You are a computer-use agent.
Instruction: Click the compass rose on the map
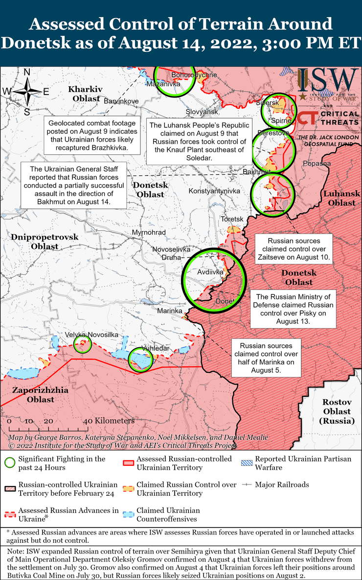(x=27, y=91)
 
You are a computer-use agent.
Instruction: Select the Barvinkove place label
(x=121, y=101)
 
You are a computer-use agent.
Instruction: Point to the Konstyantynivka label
(x=211, y=191)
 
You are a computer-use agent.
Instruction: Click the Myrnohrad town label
(x=149, y=232)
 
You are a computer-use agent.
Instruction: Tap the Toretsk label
(x=232, y=218)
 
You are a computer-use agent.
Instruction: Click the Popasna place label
(x=317, y=164)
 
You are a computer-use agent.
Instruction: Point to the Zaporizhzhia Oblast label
(x=34, y=395)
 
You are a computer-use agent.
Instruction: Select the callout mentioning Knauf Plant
(x=199, y=142)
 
